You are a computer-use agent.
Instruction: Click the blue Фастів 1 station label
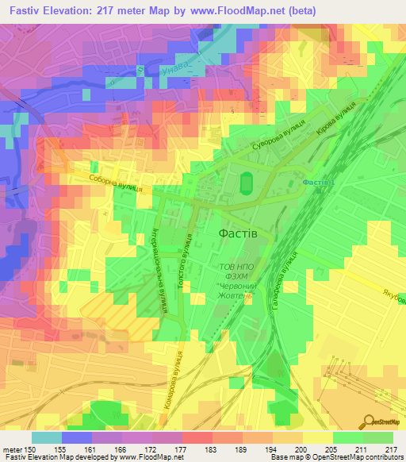tap(319, 183)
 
